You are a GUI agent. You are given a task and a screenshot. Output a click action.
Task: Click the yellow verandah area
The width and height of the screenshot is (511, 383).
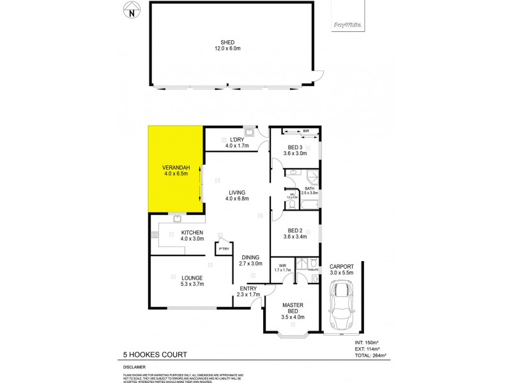tap(175, 169)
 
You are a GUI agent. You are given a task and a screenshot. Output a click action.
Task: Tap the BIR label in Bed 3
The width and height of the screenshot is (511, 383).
tap(306, 131)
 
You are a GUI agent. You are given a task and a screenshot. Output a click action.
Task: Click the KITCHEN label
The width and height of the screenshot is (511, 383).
tap(192, 232)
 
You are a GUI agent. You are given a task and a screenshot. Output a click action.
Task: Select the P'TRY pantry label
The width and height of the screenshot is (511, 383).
tap(224, 248)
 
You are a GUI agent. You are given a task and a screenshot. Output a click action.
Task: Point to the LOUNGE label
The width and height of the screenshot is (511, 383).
tap(191, 278)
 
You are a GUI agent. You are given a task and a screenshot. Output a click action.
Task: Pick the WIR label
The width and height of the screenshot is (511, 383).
tap(282, 266)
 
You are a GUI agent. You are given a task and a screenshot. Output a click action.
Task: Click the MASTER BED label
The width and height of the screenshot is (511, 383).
tap(293, 309)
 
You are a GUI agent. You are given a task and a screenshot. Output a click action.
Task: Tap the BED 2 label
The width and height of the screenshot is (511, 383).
tap(294, 230)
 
